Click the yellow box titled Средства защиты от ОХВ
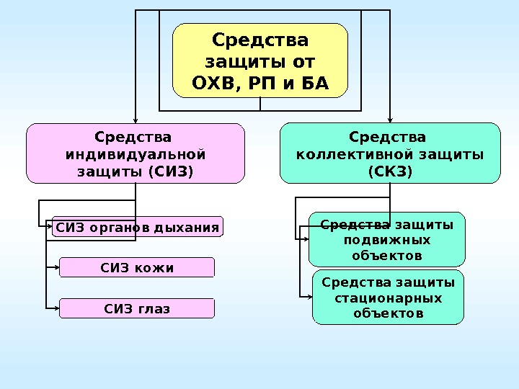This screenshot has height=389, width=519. tap(260, 61)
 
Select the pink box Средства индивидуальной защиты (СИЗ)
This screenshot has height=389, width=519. tap(136, 153)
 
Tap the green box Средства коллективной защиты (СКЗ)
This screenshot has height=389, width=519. tap(389, 153)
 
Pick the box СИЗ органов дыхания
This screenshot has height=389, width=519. tap(138, 228)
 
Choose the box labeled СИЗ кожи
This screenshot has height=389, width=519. tap(137, 268)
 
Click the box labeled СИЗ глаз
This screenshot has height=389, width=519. tap(137, 309)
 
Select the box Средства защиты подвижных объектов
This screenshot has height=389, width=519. tap(387, 240)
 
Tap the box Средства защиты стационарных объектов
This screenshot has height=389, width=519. tap(388, 297)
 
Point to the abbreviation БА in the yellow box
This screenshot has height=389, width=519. tap(311, 85)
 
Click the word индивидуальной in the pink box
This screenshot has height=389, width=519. tap(136, 154)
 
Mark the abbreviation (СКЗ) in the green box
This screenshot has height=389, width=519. tap(389, 172)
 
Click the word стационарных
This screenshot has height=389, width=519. tap(388, 298)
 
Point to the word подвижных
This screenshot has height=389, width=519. tap(388, 240)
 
